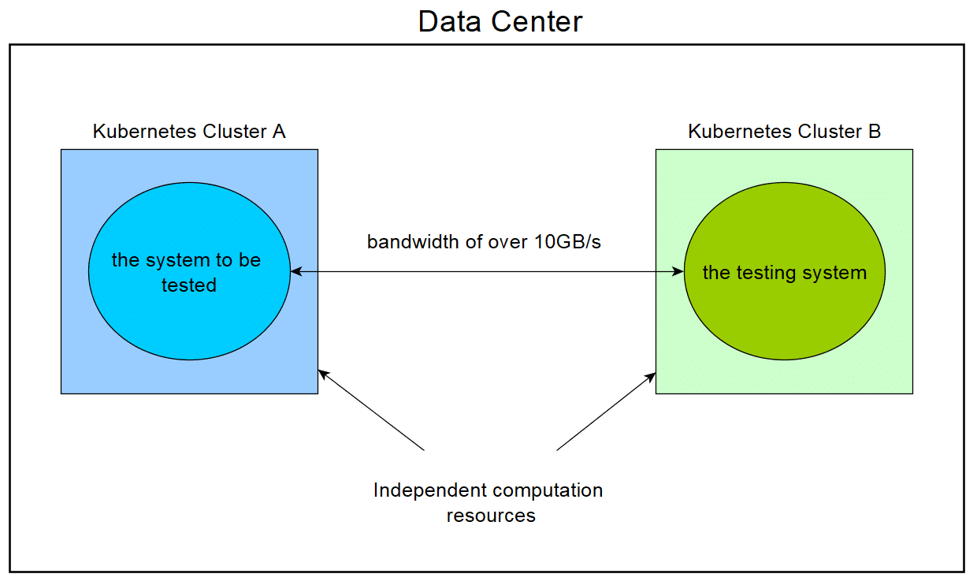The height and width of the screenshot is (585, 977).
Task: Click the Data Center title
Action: [x=500, y=21]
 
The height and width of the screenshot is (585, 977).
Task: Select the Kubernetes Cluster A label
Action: [x=189, y=132]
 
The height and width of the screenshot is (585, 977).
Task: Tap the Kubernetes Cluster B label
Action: [x=784, y=132]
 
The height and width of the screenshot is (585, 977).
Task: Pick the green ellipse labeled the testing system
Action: [x=784, y=315]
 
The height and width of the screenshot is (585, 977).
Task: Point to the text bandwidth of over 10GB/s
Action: [x=484, y=242]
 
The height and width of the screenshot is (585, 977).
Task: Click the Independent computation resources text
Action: [x=489, y=502]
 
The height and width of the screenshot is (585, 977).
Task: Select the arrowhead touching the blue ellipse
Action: [x=296, y=271]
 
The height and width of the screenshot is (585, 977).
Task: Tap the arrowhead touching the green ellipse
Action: [x=678, y=271]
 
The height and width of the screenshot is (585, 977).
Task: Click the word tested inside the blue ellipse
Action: [x=189, y=285]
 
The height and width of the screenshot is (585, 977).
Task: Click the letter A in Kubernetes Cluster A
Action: [x=278, y=132]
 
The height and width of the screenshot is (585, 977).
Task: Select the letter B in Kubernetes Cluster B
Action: [x=874, y=132]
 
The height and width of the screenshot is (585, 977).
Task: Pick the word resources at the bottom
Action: [x=491, y=516]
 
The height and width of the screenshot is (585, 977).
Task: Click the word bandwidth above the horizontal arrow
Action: [x=411, y=242]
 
